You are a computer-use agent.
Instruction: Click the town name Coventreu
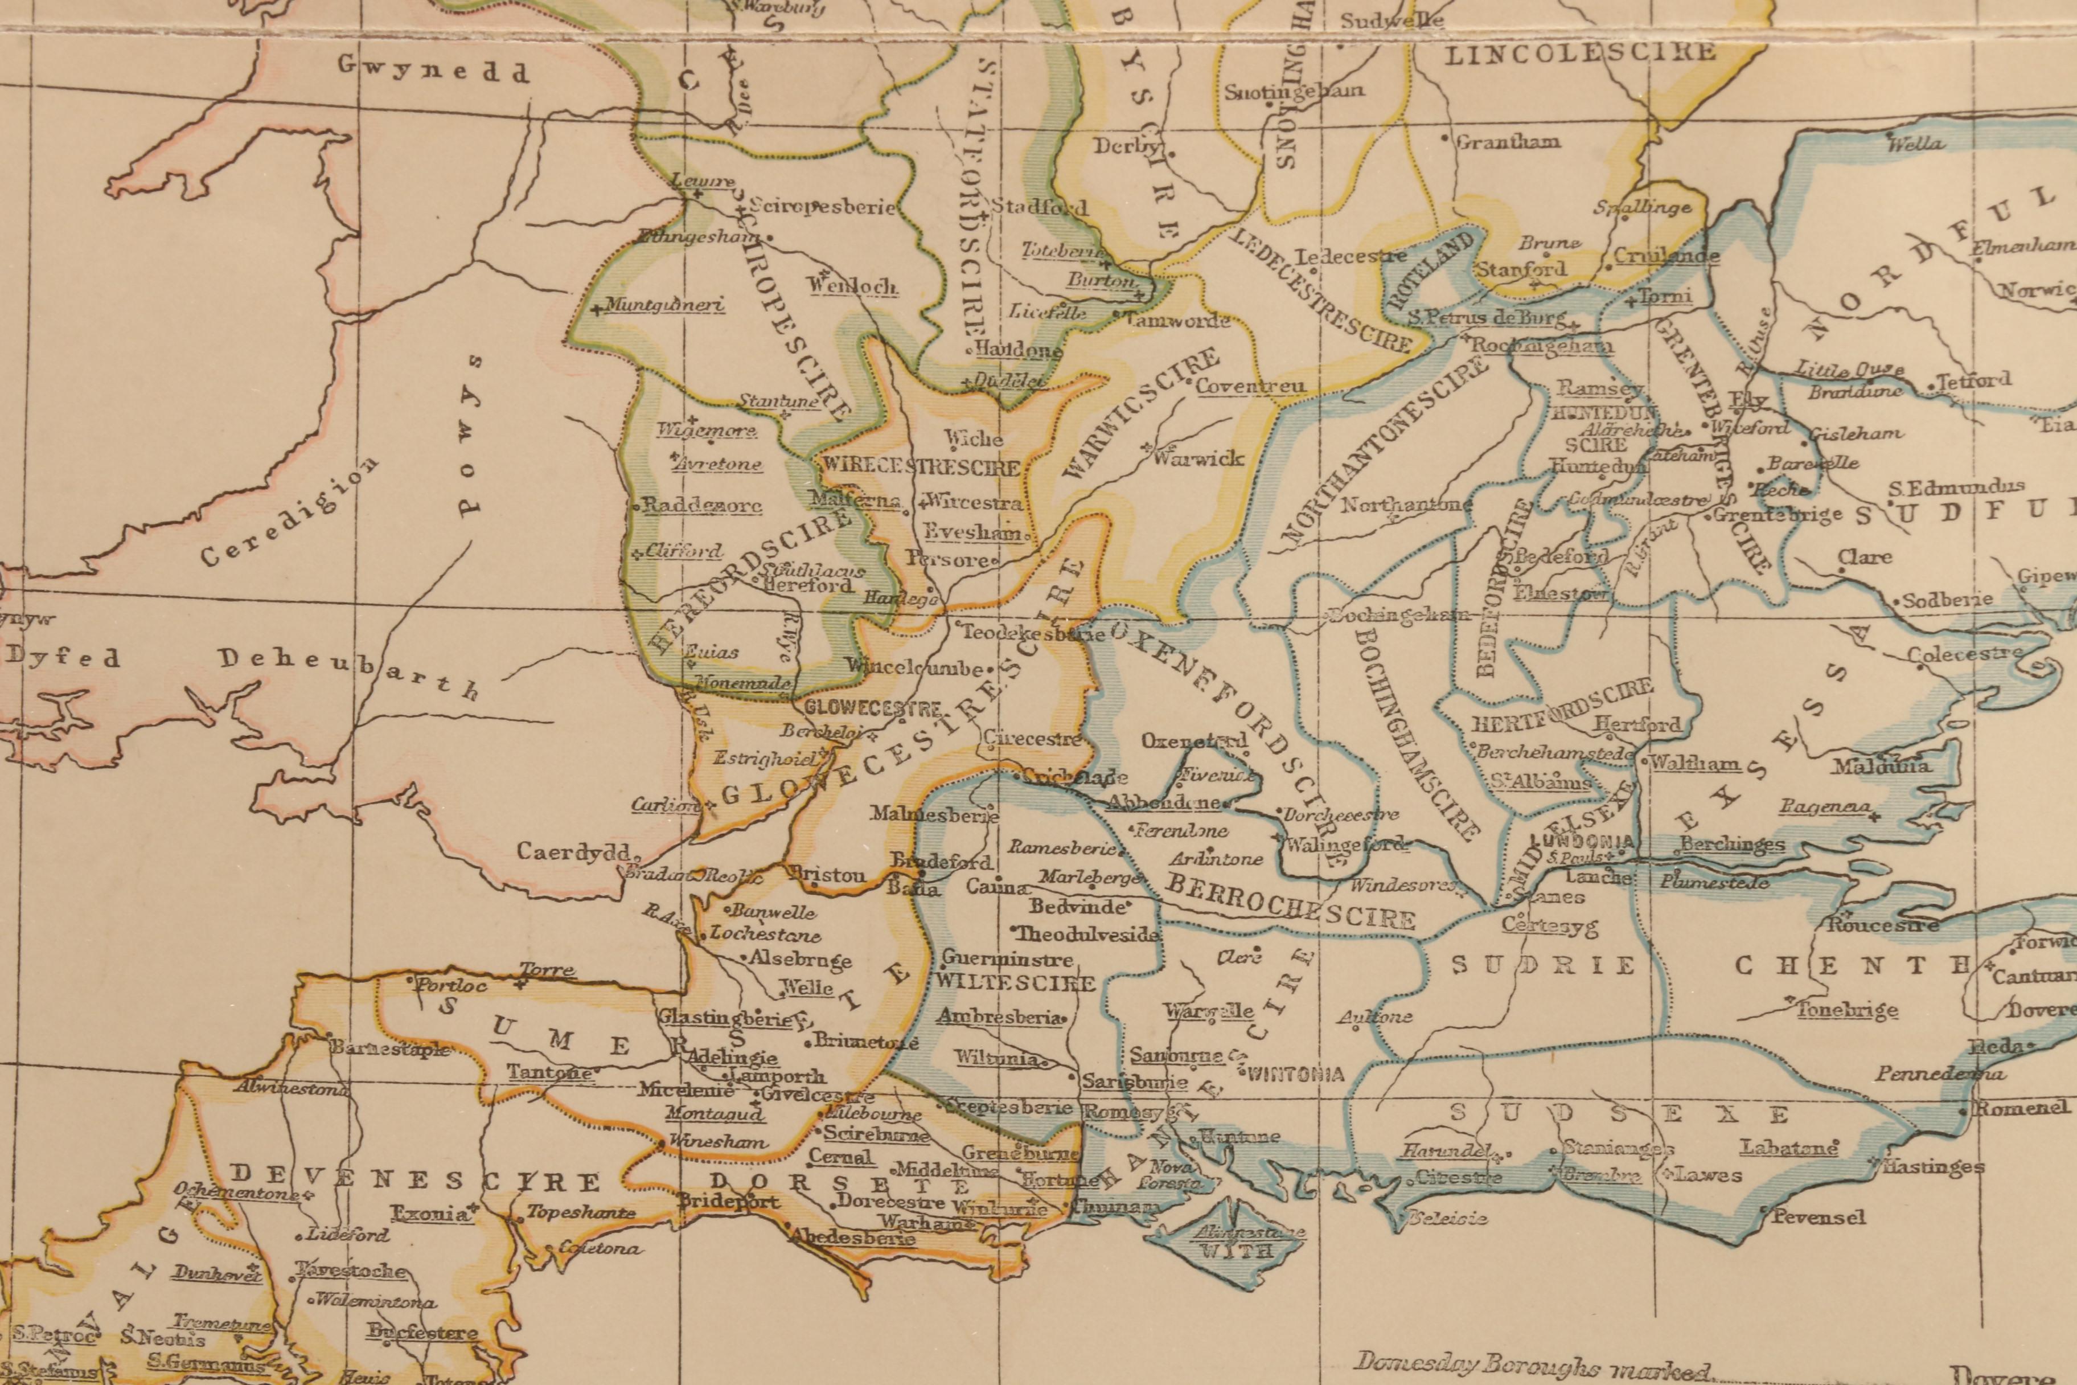click(1253, 386)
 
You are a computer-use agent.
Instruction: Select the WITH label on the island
click(1234, 1251)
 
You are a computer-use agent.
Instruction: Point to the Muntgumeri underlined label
click(664, 306)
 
